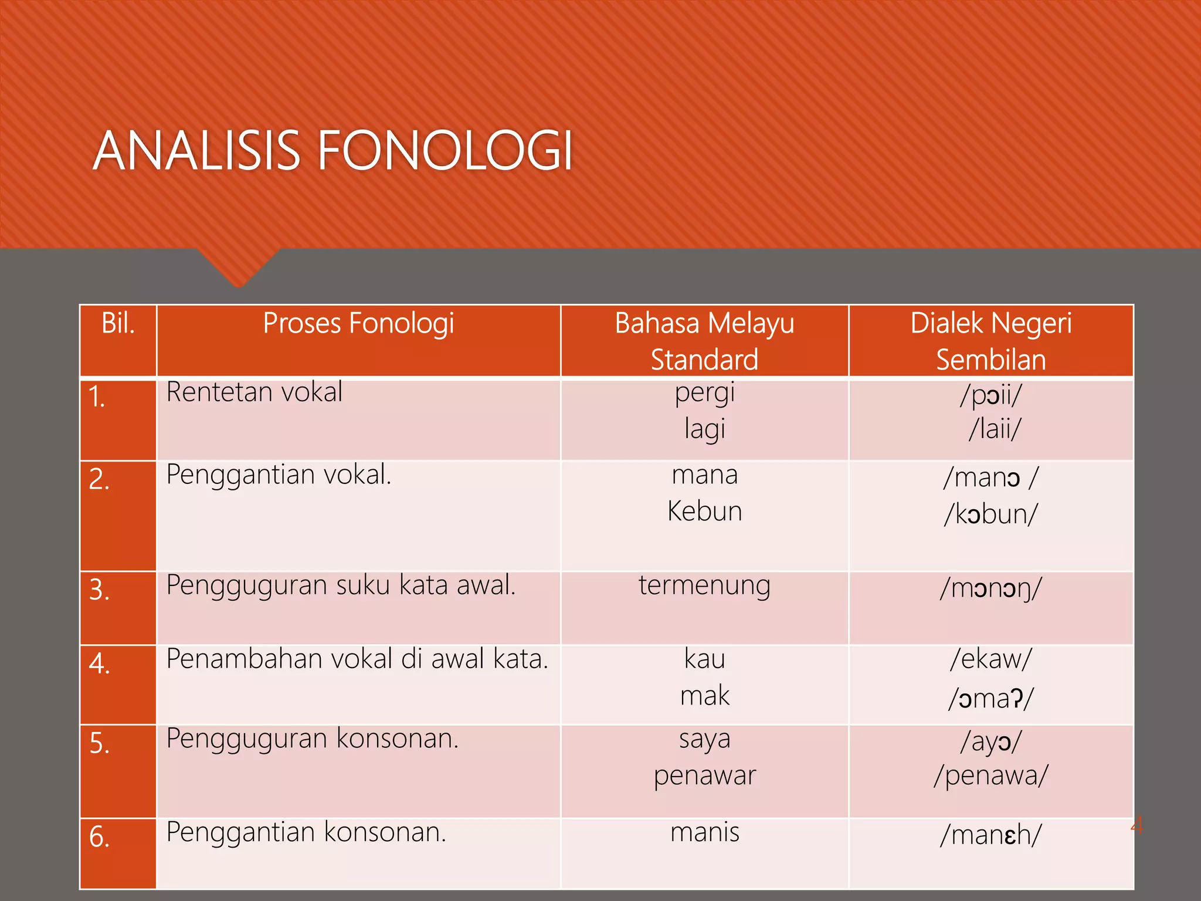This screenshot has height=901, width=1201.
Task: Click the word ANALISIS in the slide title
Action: pyautogui.click(x=196, y=151)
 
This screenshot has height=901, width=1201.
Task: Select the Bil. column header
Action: pyautogui.click(x=118, y=323)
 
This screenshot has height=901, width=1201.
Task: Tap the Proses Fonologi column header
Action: pyautogui.click(x=358, y=323)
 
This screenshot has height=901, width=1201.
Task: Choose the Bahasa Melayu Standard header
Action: pyautogui.click(x=704, y=341)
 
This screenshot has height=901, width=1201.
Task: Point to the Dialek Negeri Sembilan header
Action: pyautogui.click(x=991, y=341)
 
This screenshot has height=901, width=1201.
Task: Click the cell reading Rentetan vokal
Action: pyautogui.click(x=254, y=392)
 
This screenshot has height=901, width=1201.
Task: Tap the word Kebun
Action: pyautogui.click(x=704, y=512)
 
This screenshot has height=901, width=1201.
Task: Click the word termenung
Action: pyautogui.click(x=704, y=585)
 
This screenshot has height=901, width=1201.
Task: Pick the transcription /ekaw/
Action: pyautogui.click(x=991, y=659)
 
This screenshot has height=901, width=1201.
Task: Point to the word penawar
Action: pyautogui.click(x=704, y=776)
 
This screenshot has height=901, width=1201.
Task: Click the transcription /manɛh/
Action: pyautogui.click(x=991, y=835)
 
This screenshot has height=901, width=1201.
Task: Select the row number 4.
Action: pyautogui.click(x=99, y=664)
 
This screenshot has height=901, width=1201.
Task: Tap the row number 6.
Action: pyautogui.click(x=99, y=836)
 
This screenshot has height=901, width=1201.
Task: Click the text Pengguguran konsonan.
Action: pyautogui.click(x=312, y=739)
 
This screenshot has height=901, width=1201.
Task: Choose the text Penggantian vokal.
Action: pyautogui.click(x=279, y=475)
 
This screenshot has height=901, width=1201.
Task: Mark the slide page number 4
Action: pyautogui.click(x=1136, y=826)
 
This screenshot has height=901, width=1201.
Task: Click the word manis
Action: pyautogui.click(x=704, y=832)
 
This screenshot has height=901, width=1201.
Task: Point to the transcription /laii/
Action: pyautogui.click(x=995, y=429)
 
